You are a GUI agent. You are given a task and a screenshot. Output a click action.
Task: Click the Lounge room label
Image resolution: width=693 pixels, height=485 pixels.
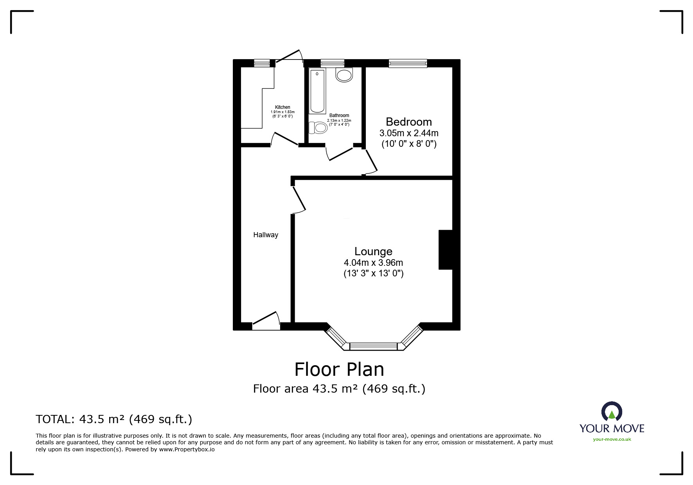click(373, 251)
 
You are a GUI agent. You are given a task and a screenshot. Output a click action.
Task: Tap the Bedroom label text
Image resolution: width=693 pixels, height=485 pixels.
click(409, 122)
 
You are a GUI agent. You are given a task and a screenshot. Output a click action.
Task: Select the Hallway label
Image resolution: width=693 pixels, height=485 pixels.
click(266, 235)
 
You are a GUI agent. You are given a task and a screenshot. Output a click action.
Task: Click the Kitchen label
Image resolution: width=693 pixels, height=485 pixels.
click(283, 107)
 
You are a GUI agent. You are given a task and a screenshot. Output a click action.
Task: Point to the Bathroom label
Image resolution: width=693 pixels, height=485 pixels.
click(339, 115)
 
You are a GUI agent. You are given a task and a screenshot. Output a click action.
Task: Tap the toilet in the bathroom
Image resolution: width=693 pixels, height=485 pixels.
click(318, 128)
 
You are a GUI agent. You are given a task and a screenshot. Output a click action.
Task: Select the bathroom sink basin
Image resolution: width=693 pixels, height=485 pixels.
click(344, 75)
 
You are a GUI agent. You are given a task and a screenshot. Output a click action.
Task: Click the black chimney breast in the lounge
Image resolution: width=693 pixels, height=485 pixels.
click(445, 250)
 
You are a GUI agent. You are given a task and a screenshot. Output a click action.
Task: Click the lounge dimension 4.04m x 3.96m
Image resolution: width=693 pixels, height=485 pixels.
click(373, 263)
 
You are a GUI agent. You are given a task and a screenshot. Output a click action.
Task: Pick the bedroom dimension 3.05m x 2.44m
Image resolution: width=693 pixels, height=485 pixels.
click(409, 133)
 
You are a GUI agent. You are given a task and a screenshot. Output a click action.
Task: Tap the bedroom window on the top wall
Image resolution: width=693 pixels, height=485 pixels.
click(408, 63)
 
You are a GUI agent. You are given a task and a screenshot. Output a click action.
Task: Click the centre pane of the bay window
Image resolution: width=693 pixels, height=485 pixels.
click(373, 346)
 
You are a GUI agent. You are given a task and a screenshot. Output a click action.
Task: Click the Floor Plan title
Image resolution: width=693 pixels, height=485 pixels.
click(339, 369)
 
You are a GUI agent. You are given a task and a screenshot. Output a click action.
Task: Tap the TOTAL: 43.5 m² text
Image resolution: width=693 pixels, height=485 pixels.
click(114, 419)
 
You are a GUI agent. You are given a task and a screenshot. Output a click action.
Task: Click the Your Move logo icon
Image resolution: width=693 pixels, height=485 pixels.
click(611, 412)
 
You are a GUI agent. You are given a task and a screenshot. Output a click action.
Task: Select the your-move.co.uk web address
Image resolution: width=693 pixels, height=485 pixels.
click(612, 439)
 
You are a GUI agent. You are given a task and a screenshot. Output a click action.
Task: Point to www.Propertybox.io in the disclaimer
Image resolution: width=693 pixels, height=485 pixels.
click(187, 449)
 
